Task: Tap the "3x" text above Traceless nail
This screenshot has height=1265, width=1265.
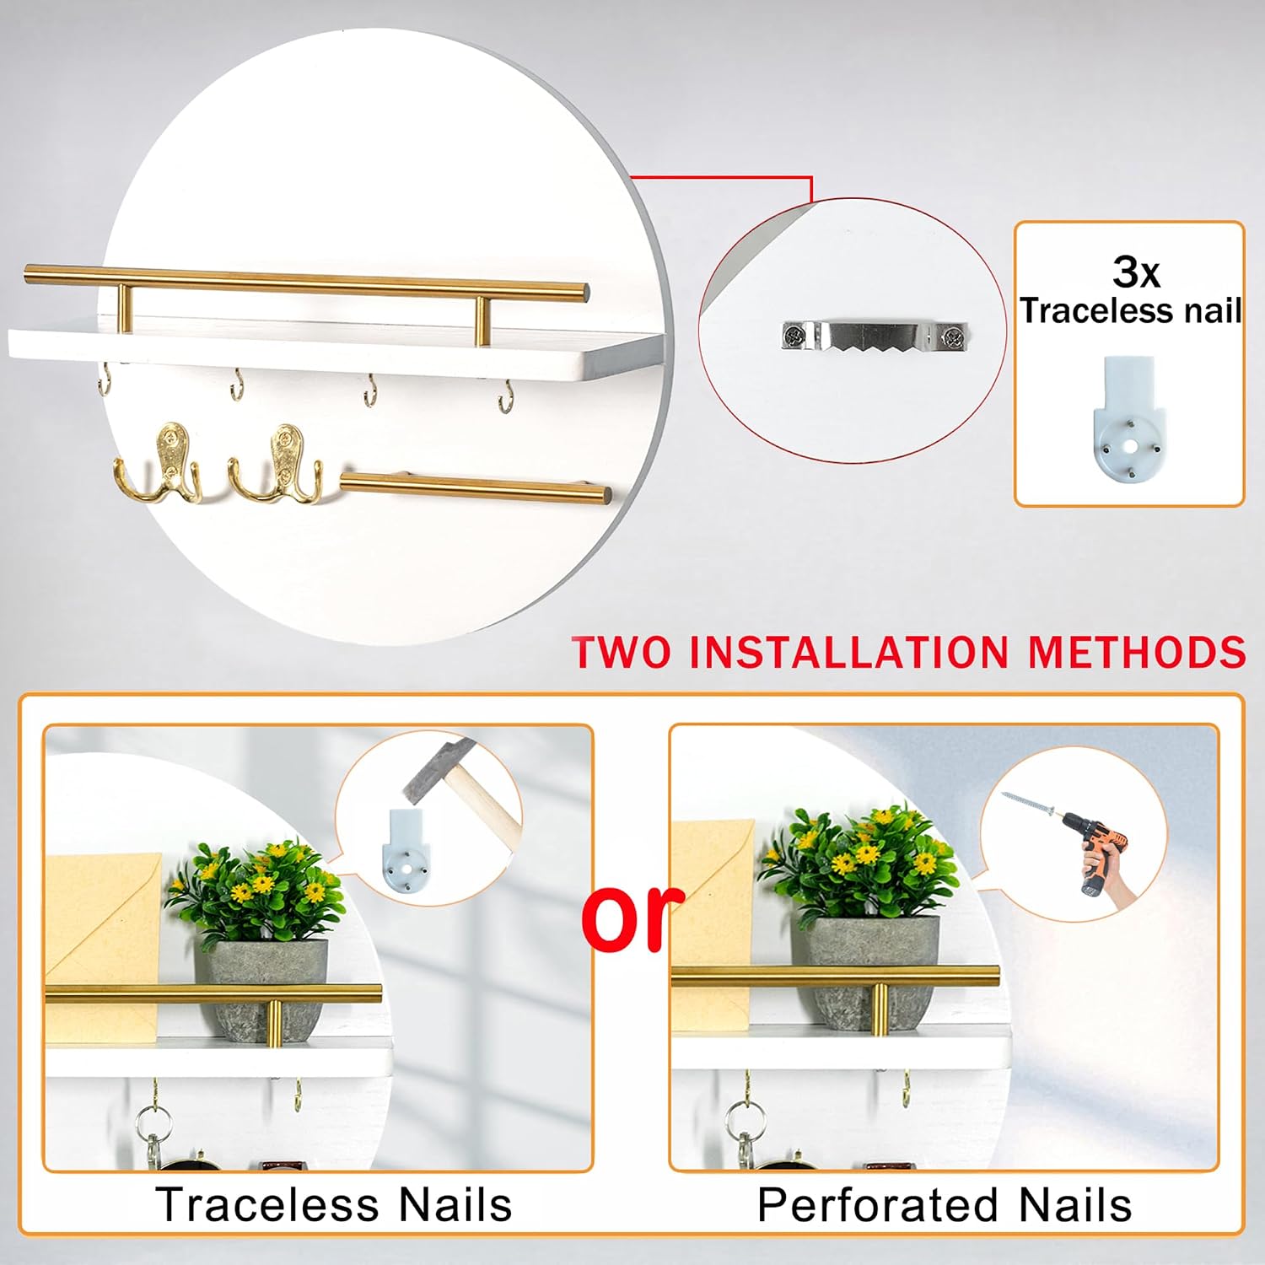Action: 1135,272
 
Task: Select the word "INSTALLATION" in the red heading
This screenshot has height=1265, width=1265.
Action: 849,652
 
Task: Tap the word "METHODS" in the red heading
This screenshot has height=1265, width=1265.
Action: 1136,652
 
